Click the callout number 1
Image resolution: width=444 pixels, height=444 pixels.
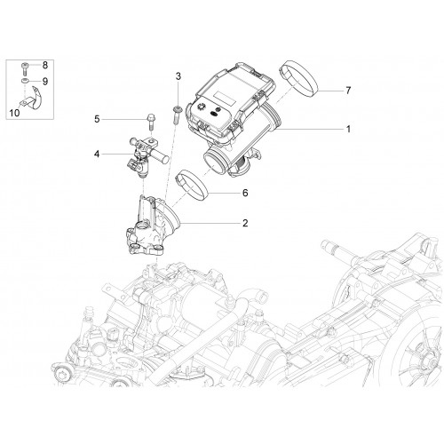click(348, 129)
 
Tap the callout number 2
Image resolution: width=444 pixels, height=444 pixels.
click(245, 223)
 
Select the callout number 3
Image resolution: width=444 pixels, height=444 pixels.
click(178, 76)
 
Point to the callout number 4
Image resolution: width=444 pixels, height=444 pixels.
click(97, 154)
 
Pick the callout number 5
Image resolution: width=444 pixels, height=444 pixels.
click(97, 119)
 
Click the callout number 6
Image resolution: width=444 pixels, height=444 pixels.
click(245, 193)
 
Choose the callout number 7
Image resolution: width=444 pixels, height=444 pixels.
click(348, 91)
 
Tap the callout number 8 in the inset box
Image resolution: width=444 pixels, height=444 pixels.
click(45, 65)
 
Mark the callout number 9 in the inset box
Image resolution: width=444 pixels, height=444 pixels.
click(45, 82)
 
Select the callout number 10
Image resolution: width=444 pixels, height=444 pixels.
click(14, 113)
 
